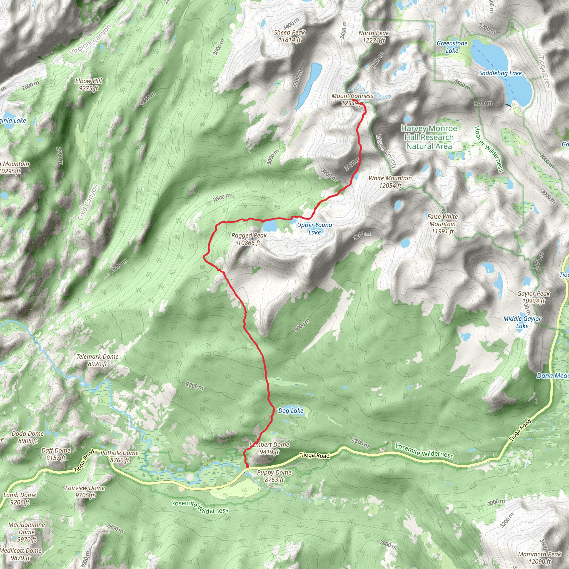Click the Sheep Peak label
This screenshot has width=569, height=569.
(x=290, y=36)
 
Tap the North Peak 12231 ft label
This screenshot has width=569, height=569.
(x=374, y=36)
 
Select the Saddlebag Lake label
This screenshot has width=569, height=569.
(x=500, y=73)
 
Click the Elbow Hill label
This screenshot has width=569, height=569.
(x=88, y=84)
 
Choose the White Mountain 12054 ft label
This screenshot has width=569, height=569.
(x=390, y=182)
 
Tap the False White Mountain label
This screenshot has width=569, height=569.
(x=442, y=224)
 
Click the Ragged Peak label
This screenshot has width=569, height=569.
(x=249, y=239)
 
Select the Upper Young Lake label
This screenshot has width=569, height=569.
(x=314, y=229)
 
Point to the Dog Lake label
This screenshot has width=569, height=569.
(x=291, y=411)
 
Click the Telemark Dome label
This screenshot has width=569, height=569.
(x=98, y=360)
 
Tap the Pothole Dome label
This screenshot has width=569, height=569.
(x=119, y=456)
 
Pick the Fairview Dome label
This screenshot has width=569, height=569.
(x=85, y=491)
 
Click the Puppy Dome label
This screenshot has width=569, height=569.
(x=274, y=476)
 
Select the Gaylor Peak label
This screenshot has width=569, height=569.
(x=533, y=297)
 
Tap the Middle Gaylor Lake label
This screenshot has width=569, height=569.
(x=522, y=322)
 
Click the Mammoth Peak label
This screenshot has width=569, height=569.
(x=540, y=558)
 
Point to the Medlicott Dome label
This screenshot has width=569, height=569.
(x=21, y=554)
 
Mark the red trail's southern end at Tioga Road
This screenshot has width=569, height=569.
(x=247, y=466)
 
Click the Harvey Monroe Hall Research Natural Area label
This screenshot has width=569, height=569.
(x=429, y=137)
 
